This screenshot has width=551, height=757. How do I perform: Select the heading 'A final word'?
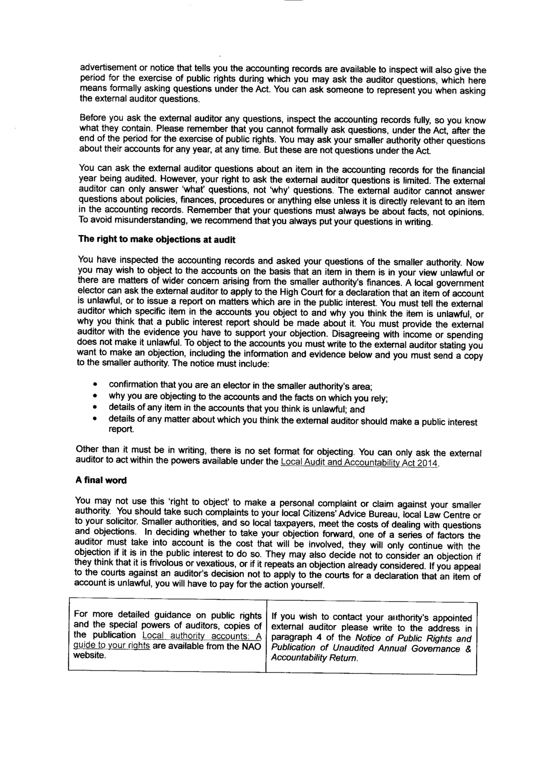click(101, 481)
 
